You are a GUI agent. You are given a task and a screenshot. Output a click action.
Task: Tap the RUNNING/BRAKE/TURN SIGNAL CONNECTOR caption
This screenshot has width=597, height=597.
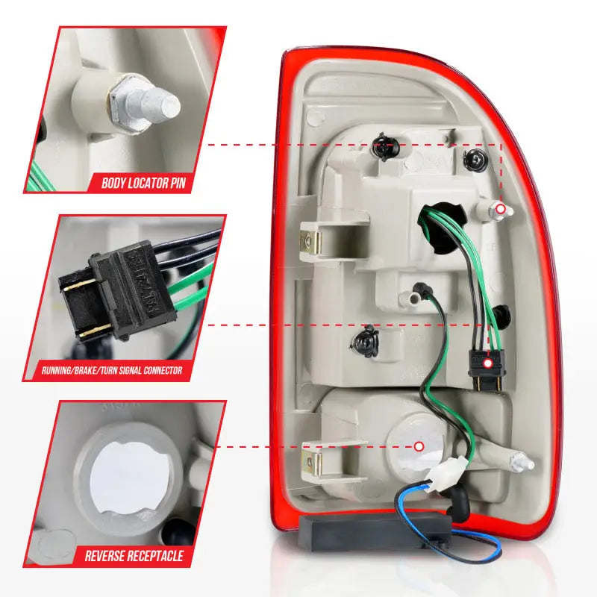pyautogui.click(x=112, y=369)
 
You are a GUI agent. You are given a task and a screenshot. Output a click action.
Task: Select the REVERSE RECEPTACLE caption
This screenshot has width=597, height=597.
pyautogui.click(x=134, y=555)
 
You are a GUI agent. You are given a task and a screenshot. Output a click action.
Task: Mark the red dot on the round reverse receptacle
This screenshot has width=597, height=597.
pyautogui.click(x=419, y=446)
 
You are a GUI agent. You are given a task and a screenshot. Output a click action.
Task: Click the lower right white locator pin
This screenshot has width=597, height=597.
pyautogui.click(x=522, y=461)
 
